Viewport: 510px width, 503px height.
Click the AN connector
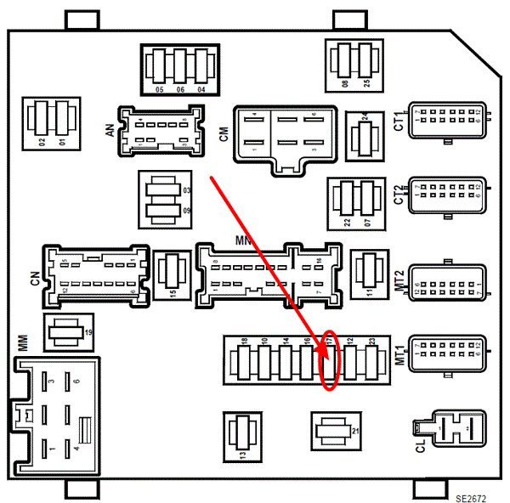(161, 130)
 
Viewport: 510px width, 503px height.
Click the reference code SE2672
(470, 495)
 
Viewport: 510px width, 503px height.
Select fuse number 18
(244, 361)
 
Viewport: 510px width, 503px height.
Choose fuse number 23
(371, 361)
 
